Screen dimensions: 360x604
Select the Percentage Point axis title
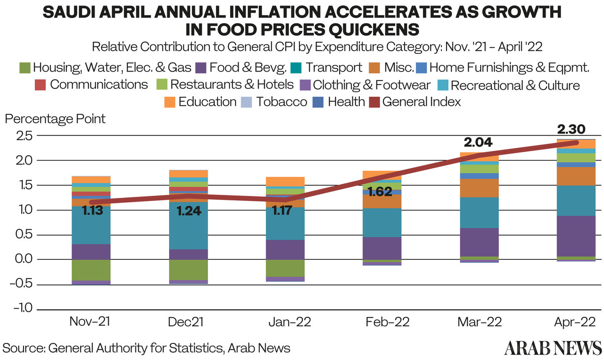coord(55,119)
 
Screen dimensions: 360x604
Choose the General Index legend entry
coord(422,102)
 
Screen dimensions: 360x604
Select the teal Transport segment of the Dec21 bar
coord(188,226)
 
